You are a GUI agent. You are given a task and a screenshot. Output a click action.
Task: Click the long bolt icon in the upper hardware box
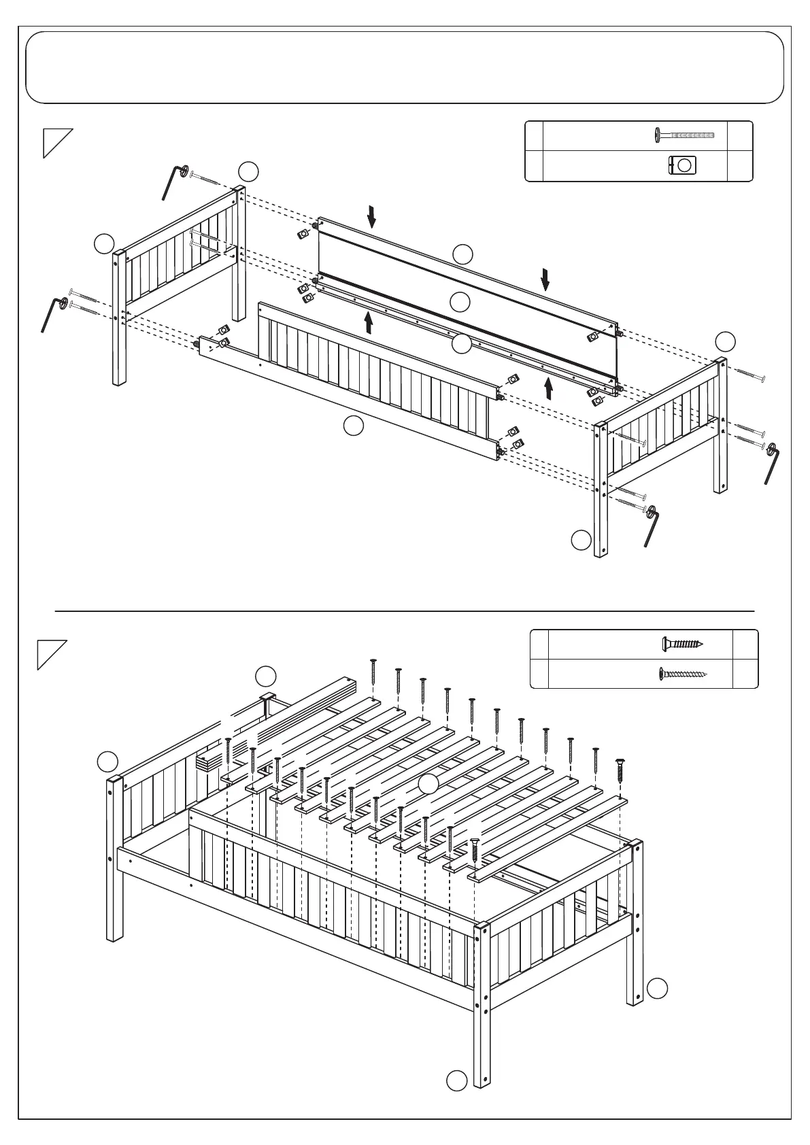click(x=684, y=135)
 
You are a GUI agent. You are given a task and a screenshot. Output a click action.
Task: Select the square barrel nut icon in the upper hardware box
click(x=682, y=165)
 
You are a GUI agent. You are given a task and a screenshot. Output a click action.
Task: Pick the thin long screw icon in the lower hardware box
click(x=683, y=674)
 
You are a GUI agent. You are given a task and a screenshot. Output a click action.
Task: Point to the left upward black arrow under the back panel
click(x=369, y=322)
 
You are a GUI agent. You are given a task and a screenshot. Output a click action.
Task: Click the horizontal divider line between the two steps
click(x=405, y=611)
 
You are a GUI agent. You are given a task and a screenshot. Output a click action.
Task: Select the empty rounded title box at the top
click(x=405, y=67)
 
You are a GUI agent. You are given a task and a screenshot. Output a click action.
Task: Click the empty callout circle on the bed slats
click(x=428, y=784)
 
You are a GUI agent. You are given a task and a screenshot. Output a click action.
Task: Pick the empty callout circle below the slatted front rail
click(x=353, y=426)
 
